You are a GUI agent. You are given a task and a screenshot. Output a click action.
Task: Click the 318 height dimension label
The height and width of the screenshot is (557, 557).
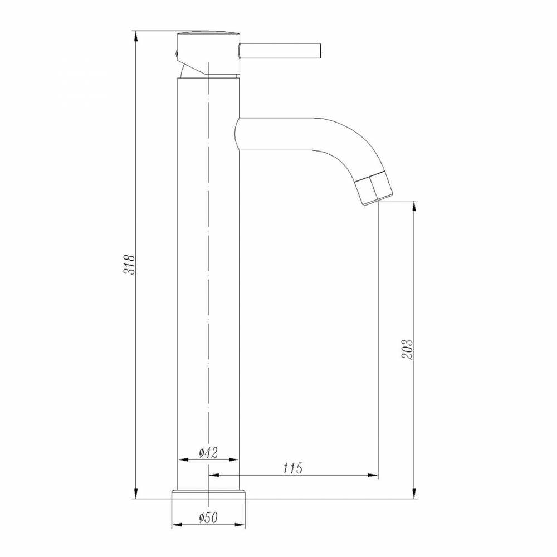(x=129, y=264)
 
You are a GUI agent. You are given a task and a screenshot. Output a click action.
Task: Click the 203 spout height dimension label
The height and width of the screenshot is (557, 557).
(x=408, y=350)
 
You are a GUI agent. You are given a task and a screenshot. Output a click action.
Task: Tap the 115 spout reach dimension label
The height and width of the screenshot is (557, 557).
(x=293, y=468)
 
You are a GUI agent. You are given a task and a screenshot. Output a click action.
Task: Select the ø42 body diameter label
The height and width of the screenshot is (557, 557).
(x=208, y=452)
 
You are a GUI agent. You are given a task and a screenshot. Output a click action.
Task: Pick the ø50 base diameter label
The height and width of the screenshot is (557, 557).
(x=208, y=517)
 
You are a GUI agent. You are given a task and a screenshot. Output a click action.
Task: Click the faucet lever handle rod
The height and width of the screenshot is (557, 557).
(x=281, y=51)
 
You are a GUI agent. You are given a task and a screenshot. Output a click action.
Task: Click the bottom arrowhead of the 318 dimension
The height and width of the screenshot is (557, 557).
(x=135, y=493)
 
